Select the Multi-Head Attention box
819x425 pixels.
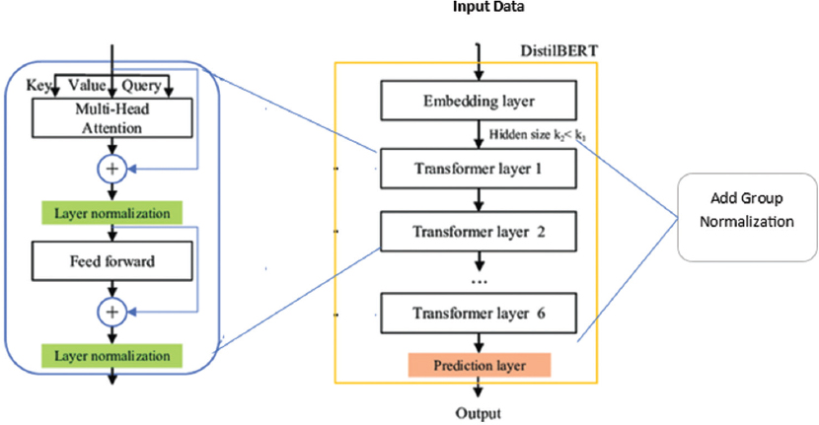[110, 119]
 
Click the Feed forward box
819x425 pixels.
[110, 263]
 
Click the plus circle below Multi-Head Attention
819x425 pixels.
[111, 169]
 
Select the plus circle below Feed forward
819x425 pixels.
[111, 311]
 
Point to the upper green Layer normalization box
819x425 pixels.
[111, 212]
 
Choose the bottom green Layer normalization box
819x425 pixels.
[111, 353]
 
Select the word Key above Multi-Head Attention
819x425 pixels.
[38, 86]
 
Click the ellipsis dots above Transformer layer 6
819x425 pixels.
[481, 282]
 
